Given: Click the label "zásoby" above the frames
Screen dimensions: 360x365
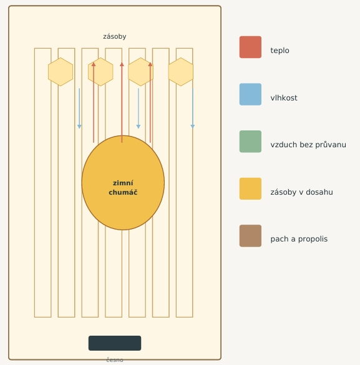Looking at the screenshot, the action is point(115,37).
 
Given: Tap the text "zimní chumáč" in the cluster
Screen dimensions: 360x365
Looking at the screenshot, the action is point(123,188).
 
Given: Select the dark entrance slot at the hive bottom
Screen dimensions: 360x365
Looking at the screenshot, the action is point(115,343).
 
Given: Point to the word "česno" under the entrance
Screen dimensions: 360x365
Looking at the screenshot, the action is point(115,360).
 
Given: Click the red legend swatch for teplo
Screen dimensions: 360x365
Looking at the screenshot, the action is point(250,47).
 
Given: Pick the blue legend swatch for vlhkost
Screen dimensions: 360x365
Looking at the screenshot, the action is point(250,94).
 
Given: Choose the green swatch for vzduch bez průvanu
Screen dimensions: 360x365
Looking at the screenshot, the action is point(250,142).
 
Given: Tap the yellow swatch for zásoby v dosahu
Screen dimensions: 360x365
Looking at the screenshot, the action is point(250,188).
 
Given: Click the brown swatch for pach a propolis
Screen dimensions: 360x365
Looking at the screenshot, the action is point(250,236).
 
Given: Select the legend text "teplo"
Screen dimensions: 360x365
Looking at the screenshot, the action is point(280,51).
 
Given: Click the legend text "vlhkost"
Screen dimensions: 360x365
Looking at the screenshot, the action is point(284,98).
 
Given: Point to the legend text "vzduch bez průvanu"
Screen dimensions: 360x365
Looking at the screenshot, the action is point(308,145).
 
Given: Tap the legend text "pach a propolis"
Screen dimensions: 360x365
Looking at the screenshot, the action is point(299,239).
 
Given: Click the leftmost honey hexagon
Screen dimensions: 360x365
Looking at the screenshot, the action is point(61,72).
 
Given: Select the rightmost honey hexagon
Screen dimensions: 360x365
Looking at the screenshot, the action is point(181,72).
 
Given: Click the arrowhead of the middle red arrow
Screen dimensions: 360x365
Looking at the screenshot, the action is point(122,64).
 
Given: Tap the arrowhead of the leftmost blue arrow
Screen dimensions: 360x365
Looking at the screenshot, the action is point(79,127).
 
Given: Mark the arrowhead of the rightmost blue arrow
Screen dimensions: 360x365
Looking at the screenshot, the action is point(193,127).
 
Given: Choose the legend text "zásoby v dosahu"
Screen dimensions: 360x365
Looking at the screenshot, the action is point(301,192).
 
